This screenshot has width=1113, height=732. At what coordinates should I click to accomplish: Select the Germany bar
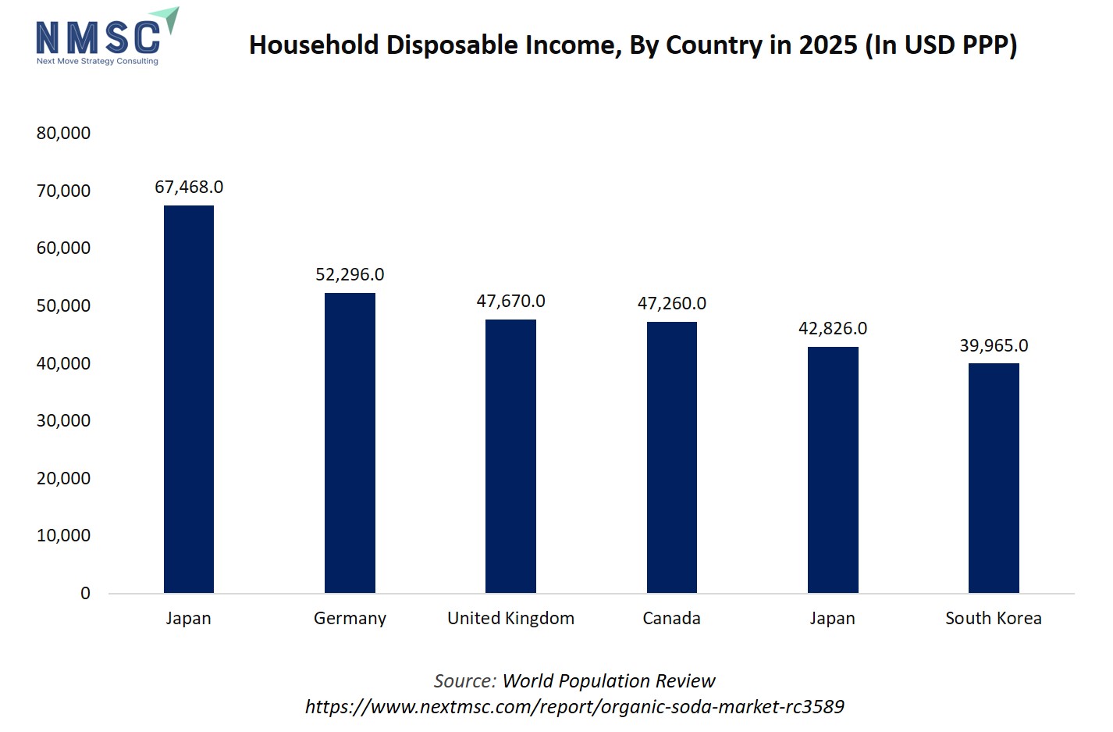[350, 442]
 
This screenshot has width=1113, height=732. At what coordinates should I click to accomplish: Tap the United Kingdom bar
[510, 455]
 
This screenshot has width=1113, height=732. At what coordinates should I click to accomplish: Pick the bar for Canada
[671, 457]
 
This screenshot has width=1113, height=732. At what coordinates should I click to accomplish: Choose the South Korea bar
[994, 477]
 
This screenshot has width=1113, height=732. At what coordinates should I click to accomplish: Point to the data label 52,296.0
[350, 274]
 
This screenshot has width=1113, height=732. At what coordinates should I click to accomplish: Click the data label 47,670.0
[510, 301]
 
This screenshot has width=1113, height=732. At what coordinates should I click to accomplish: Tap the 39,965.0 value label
[994, 345]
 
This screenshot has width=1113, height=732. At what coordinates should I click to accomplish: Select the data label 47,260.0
[671, 303]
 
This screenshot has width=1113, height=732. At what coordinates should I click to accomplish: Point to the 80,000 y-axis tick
[63, 133]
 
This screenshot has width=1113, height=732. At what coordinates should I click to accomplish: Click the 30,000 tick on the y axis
[63, 420]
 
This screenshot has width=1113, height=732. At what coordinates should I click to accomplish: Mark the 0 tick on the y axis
[85, 593]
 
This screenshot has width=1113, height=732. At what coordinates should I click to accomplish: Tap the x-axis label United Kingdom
[510, 618]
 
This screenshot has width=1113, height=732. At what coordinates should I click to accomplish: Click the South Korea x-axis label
[994, 618]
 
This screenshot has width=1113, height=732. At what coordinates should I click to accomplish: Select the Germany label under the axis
[350, 618]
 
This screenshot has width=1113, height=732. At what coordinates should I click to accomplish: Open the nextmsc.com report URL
[574, 706]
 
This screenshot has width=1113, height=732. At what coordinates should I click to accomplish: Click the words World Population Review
[609, 680]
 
